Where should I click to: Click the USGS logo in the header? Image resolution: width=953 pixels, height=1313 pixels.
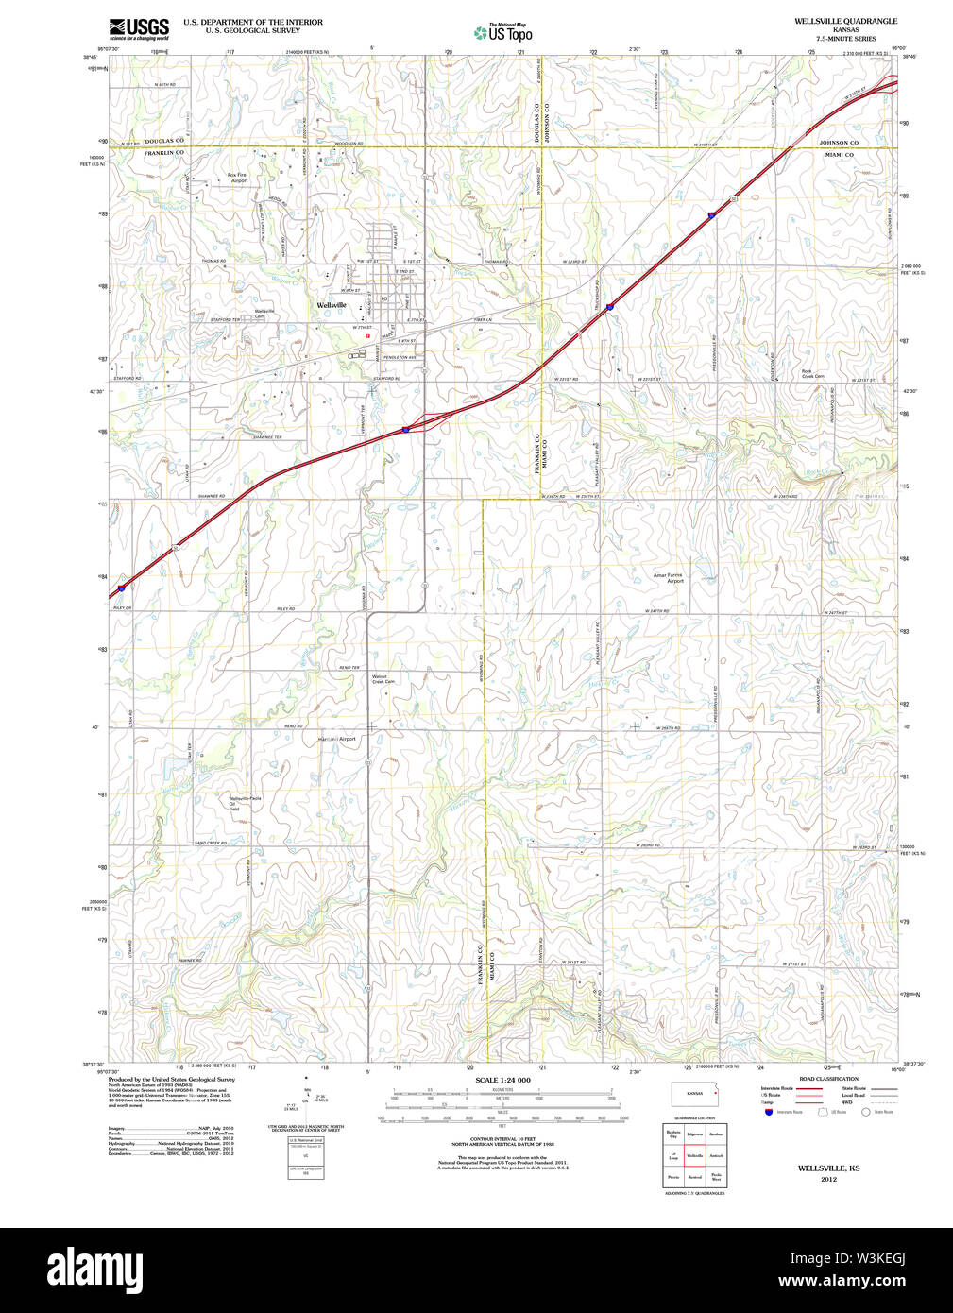click(x=139, y=28)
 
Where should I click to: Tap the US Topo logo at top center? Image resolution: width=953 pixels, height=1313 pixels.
click(x=503, y=33)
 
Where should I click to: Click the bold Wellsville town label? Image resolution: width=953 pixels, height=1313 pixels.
click(x=332, y=305)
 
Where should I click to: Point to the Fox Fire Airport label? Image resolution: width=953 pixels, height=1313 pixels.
click(x=237, y=178)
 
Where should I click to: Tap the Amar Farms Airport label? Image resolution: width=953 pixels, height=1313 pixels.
click(x=668, y=577)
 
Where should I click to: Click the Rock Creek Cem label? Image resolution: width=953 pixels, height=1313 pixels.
click(x=812, y=374)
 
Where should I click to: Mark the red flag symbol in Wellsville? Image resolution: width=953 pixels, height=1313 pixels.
click(x=367, y=335)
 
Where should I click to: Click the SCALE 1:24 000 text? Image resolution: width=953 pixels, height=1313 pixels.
click(x=502, y=1080)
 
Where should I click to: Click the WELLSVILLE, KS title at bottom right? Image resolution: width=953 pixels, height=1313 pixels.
click(x=828, y=1168)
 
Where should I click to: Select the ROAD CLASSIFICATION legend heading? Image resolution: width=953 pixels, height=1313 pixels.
click(x=828, y=1079)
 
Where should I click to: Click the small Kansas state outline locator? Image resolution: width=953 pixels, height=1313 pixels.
click(x=695, y=1094)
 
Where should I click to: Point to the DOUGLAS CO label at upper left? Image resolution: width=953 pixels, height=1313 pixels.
click(x=164, y=141)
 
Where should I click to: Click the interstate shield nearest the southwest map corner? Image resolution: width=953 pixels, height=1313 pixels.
click(x=122, y=588)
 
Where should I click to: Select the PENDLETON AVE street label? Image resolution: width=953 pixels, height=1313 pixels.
click(x=400, y=357)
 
